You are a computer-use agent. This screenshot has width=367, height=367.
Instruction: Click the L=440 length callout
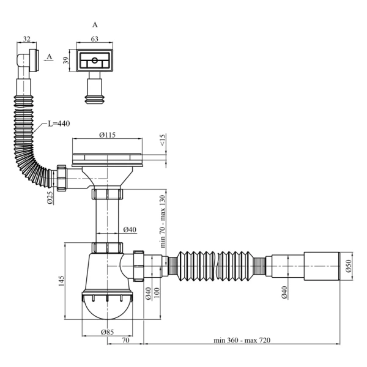click(59, 124)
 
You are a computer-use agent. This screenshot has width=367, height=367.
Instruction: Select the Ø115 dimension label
click(107, 135)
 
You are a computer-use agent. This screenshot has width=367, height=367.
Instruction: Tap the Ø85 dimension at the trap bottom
click(107, 332)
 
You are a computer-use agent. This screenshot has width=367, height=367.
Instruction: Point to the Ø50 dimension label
click(349, 266)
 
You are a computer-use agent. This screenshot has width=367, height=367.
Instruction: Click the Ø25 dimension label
click(50, 198)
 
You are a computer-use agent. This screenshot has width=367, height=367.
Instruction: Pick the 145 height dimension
click(61, 281)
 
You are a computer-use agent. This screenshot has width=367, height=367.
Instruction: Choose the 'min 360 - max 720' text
click(242, 340)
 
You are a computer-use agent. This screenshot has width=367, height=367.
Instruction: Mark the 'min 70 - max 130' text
click(163, 221)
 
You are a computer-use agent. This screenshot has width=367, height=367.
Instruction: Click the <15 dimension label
click(163, 139)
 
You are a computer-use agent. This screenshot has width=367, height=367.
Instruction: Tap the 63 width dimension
click(94, 39)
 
